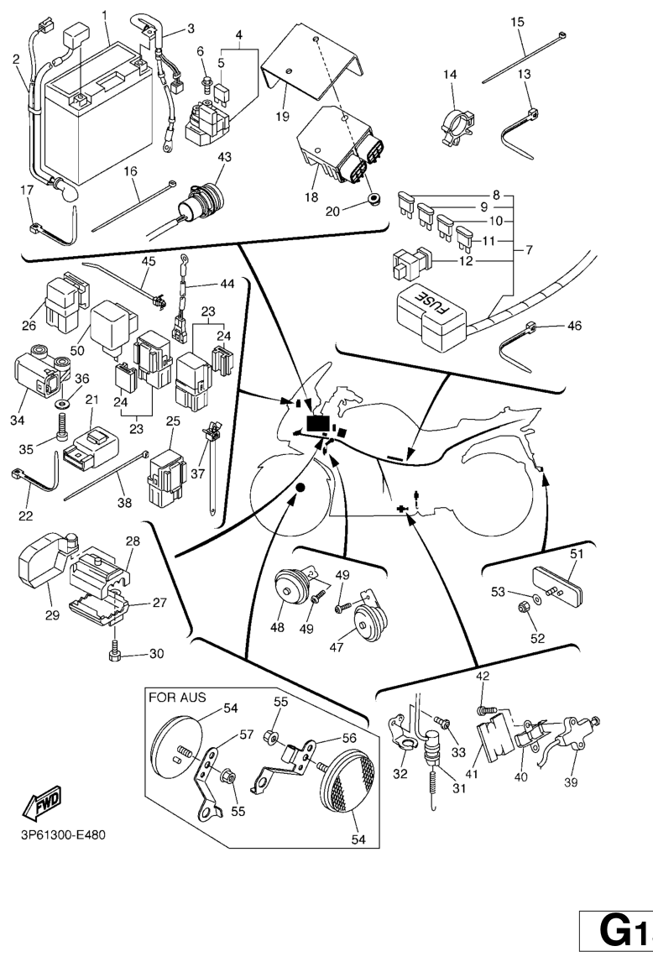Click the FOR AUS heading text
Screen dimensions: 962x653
pos(177,697)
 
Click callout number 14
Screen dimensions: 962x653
pos(450,75)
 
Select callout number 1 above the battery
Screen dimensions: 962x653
pos(105,15)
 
